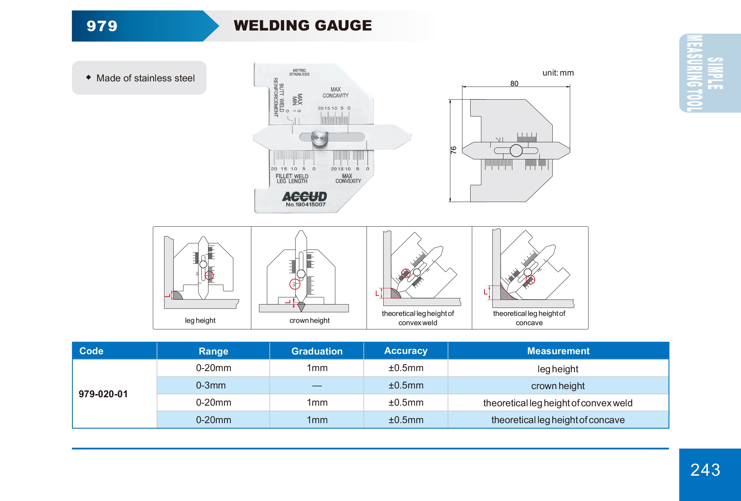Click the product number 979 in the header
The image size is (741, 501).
pos(102,26)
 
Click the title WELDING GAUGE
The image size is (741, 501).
pos(303,26)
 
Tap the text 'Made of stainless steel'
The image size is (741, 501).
pos(146,78)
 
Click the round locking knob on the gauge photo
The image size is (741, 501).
pos(319,138)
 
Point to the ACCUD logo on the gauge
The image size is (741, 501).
pos(304,196)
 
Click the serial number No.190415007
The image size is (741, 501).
pos(306,204)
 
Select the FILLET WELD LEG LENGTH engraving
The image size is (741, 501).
pos(292,179)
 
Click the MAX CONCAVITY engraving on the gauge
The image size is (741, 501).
pos(335,92)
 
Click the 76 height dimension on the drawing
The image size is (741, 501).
pos(453,150)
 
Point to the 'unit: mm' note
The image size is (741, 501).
pos(558,73)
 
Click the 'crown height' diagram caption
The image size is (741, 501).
pos(309,321)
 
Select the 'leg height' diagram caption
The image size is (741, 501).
pos(200,321)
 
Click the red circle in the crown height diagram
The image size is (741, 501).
pos(295,284)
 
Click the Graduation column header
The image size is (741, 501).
pos(317,351)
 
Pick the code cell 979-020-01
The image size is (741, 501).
pos(103,394)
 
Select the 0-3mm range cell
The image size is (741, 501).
pos(211,385)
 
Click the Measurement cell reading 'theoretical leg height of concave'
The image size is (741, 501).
pos(558,420)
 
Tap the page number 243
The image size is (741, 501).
pos(705,470)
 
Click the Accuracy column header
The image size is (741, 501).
pos(406,351)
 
